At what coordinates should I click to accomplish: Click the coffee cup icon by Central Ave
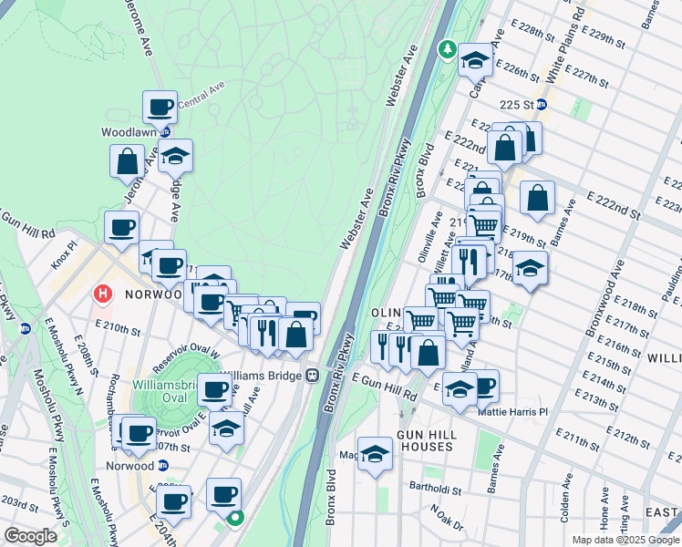coord(160,108)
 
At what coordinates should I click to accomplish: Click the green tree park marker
coord(447,47)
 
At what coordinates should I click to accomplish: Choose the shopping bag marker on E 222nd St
coord(538,197)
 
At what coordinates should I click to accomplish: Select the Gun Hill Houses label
coord(425,440)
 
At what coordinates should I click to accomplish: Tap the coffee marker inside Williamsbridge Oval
coord(215,391)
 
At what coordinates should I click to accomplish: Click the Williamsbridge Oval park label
coord(165,390)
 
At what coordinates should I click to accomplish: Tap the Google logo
coord(32,536)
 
